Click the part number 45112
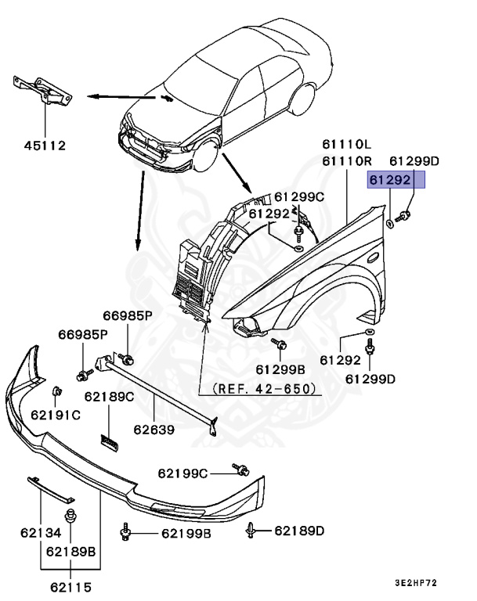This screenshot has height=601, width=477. click(44, 145)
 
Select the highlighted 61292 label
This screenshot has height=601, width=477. click(396, 181)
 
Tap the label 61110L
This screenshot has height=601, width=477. click(345, 145)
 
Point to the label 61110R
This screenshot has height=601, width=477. click(345, 161)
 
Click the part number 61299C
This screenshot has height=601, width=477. click(296, 196)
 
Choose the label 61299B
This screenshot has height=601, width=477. click(279, 369)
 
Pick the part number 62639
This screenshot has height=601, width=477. click(154, 430)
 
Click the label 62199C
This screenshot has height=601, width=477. click(182, 473)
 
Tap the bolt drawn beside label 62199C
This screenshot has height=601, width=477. click(240, 470)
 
